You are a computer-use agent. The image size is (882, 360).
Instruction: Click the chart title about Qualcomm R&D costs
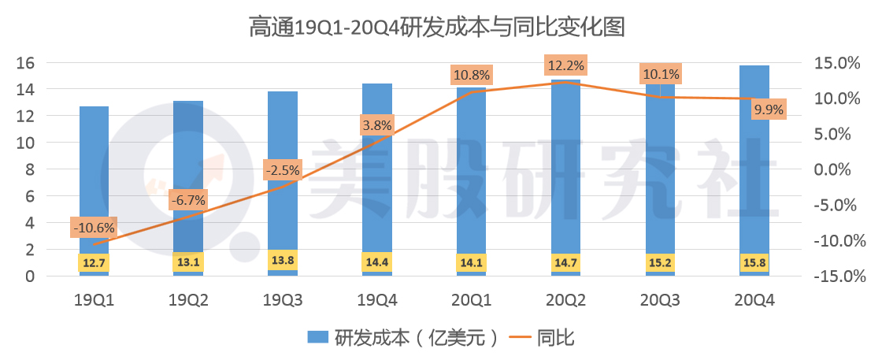tap(437, 28)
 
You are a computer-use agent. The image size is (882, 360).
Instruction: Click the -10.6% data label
tap(94, 228)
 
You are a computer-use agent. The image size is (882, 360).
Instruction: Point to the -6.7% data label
tap(187, 201)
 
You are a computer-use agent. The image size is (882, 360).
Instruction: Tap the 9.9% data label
tap(769, 109)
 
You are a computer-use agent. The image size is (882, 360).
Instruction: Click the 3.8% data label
tap(376, 124)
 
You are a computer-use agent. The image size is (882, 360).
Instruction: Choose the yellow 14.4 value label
tap(376, 262)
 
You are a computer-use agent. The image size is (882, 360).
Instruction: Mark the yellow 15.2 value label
tap(660, 262)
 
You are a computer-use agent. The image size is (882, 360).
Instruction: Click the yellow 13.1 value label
tap(187, 262)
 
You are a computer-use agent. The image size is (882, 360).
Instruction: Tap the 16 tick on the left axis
tap(26, 63)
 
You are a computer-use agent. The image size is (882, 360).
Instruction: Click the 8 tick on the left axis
tap(30, 169)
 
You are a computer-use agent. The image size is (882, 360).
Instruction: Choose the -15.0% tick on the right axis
tap(839, 276)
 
